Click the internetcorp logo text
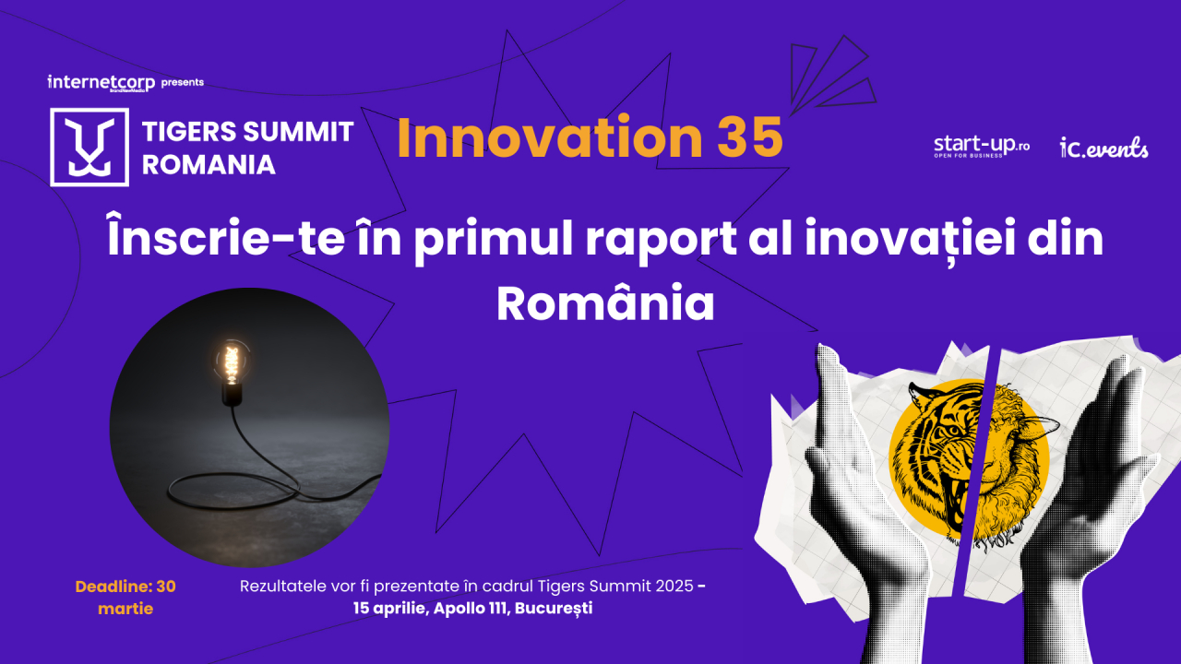click(101, 82)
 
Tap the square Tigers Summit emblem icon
click(89, 148)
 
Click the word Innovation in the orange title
click(550, 137)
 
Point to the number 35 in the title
click(749, 137)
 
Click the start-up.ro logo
click(981, 146)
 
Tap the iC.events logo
click(1104, 148)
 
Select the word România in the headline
click(605, 304)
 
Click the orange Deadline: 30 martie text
click(125, 597)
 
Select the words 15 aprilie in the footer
click(388, 609)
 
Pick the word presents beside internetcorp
click(182, 82)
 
